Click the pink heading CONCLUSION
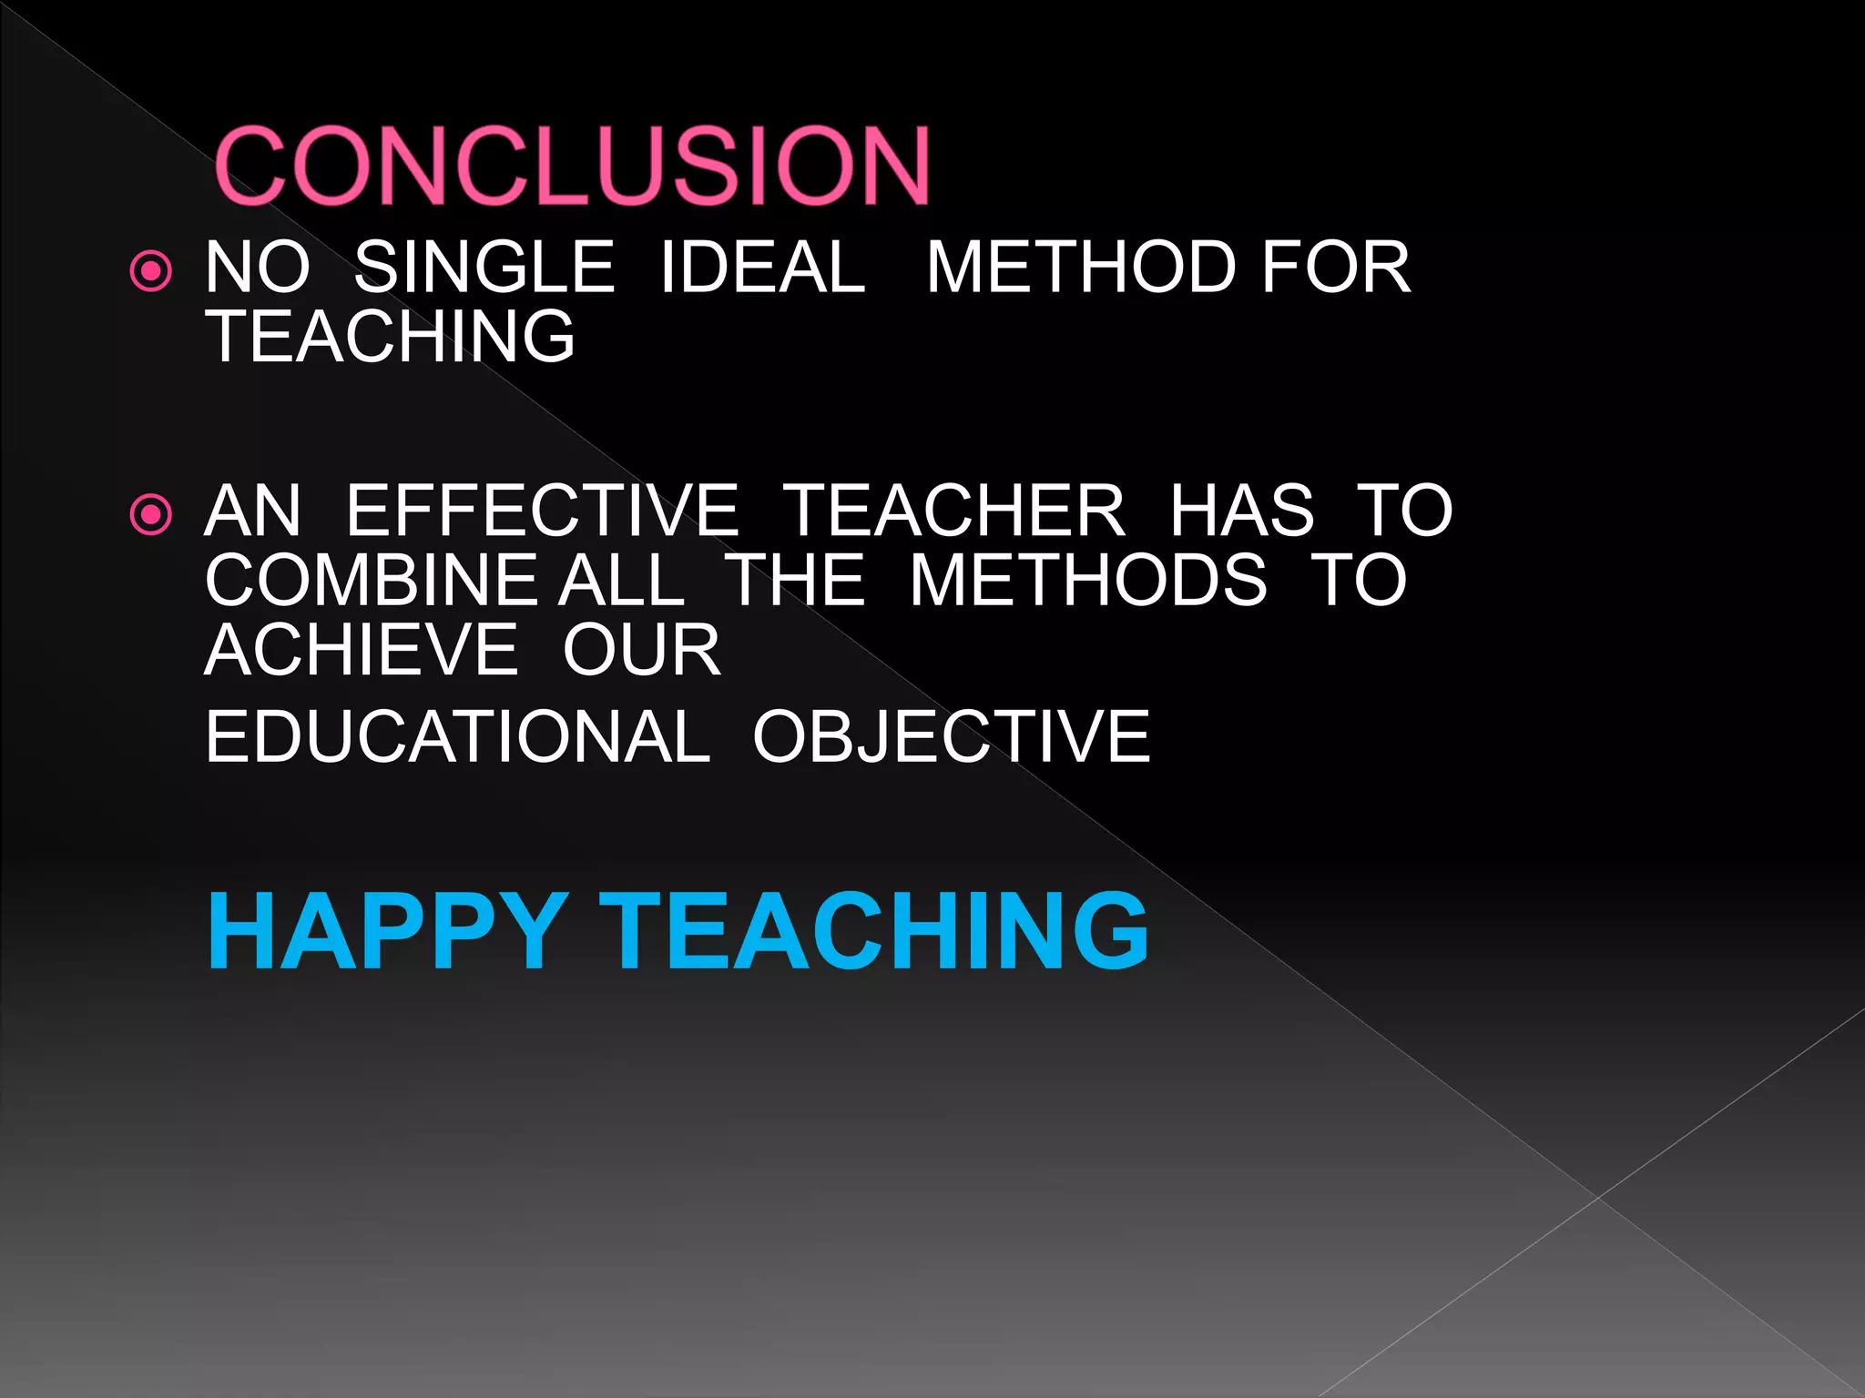[x=572, y=166]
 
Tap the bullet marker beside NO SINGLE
[x=151, y=271]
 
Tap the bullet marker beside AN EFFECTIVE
[x=151, y=515]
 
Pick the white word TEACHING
[x=391, y=336]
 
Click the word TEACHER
[x=954, y=511]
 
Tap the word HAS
[x=1242, y=511]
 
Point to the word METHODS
[x=1088, y=580]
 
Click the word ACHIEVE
[x=362, y=650]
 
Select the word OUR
[x=642, y=650]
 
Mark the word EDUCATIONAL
[x=457, y=736]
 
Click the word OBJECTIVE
[x=952, y=736]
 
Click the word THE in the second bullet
[x=796, y=580]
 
